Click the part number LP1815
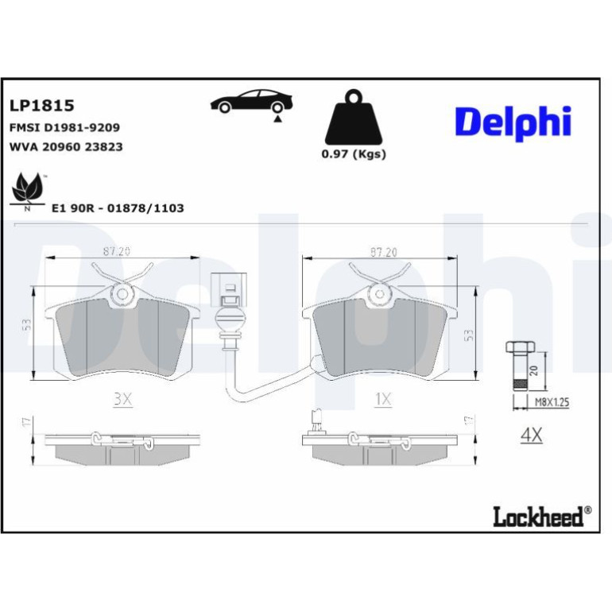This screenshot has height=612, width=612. point(42,106)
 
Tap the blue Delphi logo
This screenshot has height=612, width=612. point(513,122)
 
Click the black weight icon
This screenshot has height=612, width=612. point(354,117)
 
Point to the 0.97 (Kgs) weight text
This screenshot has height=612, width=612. point(354,154)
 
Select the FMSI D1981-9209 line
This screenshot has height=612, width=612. point(65,128)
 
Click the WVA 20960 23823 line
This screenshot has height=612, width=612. point(66,147)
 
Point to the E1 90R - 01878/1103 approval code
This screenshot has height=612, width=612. point(118,208)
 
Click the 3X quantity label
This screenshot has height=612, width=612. point(123,399)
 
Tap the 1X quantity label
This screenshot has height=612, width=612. point(383,399)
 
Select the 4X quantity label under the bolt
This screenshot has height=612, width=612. point(531,435)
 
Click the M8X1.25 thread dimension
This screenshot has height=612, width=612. point(552,402)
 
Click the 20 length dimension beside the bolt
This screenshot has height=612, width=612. point(535,370)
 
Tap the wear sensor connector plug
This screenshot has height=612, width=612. point(229,289)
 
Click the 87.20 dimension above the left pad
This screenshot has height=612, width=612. point(116,252)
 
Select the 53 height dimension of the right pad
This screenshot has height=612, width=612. point(469,335)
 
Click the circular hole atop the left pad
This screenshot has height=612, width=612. point(122,294)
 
